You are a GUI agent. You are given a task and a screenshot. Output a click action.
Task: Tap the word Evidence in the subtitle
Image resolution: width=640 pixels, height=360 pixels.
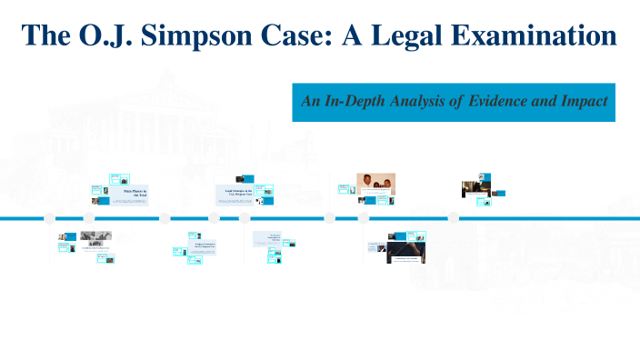(x=498, y=101)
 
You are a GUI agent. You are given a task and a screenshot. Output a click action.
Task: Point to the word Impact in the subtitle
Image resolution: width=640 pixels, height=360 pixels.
(x=584, y=101)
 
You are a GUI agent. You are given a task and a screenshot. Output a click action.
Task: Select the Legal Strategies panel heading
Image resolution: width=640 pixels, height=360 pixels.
(x=238, y=191)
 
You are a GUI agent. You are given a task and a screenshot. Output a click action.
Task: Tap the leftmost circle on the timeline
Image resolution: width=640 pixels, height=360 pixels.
(x=50, y=218)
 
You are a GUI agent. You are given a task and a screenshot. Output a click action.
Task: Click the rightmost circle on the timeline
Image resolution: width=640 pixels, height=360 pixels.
(x=453, y=218)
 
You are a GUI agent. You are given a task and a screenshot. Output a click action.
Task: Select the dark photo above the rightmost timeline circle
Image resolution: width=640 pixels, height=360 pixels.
(x=472, y=187)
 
